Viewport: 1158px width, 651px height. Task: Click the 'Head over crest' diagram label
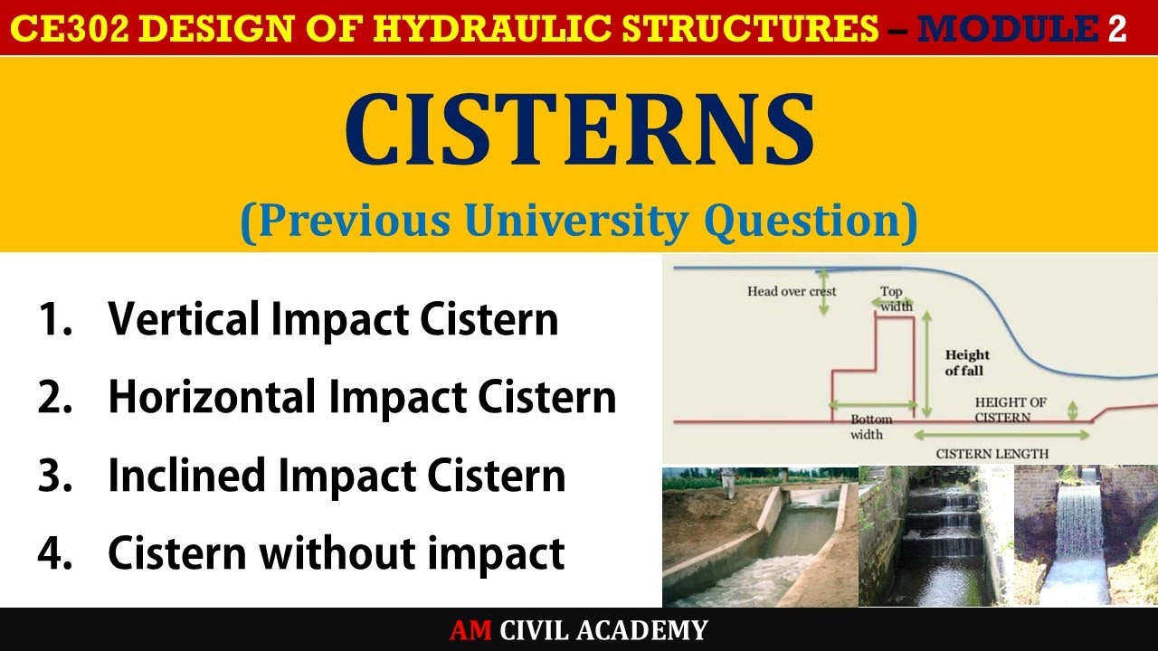coord(792,291)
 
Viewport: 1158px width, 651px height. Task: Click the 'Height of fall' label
coord(967,363)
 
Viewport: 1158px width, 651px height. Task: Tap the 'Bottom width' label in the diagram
coord(870,427)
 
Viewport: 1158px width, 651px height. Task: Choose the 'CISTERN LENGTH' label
coord(992,453)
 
